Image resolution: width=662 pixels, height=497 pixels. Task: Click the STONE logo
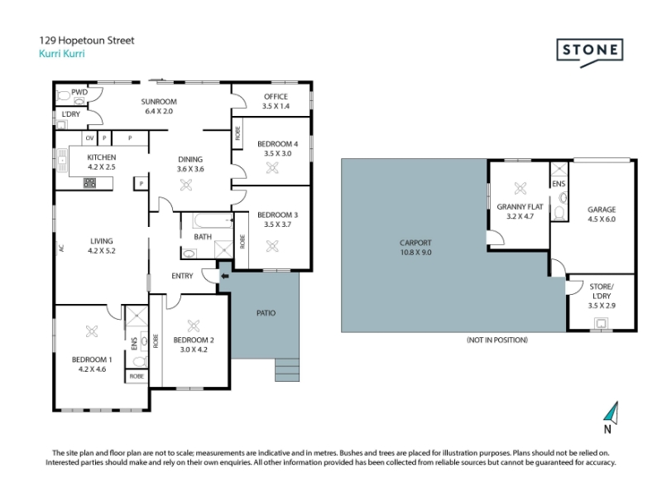point(590,52)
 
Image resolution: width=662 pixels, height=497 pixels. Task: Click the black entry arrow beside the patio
point(225,276)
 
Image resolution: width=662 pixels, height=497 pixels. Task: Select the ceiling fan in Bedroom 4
point(272,168)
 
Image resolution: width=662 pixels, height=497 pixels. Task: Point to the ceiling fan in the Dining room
point(186,185)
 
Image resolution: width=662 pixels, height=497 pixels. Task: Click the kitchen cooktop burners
point(89,182)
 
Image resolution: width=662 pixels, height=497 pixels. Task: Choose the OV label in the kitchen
point(89,138)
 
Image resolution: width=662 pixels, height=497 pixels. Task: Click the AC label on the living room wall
point(61,248)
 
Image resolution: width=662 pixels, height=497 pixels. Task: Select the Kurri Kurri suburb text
point(61,54)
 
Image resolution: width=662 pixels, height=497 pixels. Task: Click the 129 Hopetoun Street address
point(87,41)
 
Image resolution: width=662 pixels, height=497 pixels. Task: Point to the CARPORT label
point(415,243)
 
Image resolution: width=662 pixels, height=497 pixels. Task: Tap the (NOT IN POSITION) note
point(497,340)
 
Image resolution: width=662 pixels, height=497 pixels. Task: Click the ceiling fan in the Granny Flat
point(520,189)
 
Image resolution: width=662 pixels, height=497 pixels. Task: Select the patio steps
point(287,369)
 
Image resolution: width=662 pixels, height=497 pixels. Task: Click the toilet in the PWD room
point(63,96)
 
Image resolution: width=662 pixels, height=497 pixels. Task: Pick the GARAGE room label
point(602,210)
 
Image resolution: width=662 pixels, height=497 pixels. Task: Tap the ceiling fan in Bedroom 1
point(92,331)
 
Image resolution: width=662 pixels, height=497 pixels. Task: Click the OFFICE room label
point(276,96)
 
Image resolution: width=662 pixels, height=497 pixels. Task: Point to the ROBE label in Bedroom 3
point(242,241)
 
